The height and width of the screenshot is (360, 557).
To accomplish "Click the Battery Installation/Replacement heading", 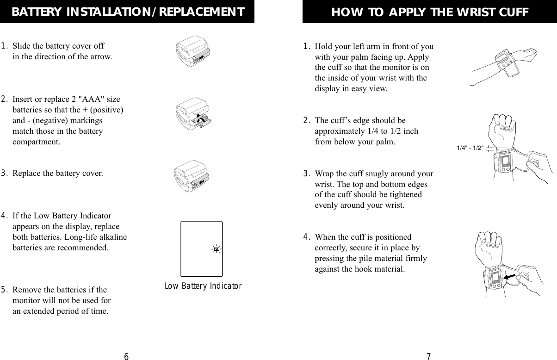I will pyautogui.click(x=127, y=12).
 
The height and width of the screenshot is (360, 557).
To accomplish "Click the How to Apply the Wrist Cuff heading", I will pyautogui.click(x=430, y=12).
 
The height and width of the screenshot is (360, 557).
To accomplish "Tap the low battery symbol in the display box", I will pyautogui.click(x=216, y=249).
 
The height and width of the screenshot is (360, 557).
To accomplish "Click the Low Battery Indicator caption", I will pyautogui.click(x=204, y=286).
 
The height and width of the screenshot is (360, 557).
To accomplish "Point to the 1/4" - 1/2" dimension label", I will pyautogui.click(x=470, y=148).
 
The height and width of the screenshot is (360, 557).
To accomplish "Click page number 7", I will pyautogui.click(x=428, y=356).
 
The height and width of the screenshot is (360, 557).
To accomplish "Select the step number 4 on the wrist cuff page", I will pyautogui.click(x=306, y=238).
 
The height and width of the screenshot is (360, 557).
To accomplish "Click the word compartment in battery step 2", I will pyautogui.click(x=36, y=142).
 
